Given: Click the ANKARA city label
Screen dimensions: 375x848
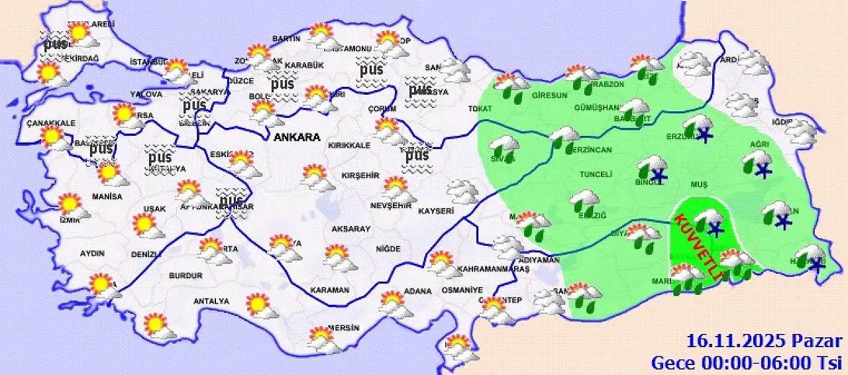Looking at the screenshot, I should (x=297, y=138).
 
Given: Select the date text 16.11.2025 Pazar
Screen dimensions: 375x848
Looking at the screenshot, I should (x=764, y=342).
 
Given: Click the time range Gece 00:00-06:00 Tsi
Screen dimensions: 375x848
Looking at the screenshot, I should (x=746, y=362).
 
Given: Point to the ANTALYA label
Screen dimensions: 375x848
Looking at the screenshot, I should (x=211, y=301).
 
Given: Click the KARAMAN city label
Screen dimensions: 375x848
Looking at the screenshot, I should (x=329, y=290).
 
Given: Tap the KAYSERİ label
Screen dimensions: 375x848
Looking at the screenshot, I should (x=436, y=211).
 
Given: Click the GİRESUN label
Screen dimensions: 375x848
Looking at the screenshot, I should (x=549, y=95).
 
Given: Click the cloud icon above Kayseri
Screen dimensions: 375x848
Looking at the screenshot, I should (x=462, y=191).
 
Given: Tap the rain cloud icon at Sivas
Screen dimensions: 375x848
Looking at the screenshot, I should (x=505, y=146).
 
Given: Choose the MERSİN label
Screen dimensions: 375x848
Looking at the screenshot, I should (x=343, y=328).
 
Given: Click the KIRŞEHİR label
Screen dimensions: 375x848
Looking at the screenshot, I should (x=359, y=176).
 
